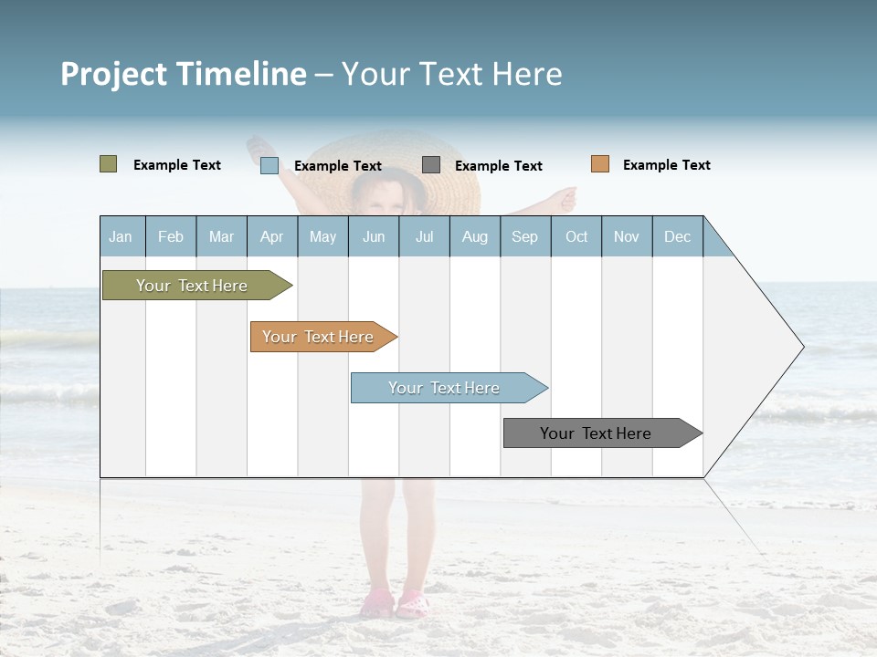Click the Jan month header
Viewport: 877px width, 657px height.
[122, 236]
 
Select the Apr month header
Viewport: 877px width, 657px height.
[272, 236]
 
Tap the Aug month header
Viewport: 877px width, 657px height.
[475, 236]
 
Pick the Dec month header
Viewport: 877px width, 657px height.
[678, 236]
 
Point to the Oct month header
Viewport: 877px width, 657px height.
[576, 236]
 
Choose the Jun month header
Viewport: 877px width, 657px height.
[374, 236]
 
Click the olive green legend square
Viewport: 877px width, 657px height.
[108, 164]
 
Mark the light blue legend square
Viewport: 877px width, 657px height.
[269, 165]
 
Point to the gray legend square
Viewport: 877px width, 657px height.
[431, 165]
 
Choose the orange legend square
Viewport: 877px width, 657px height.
[599, 164]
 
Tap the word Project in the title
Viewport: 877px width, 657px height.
[114, 74]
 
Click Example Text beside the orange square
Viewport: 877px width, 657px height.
[666, 165]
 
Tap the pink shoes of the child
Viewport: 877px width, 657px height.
[395, 603]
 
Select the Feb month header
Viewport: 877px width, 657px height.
[171, 236]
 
